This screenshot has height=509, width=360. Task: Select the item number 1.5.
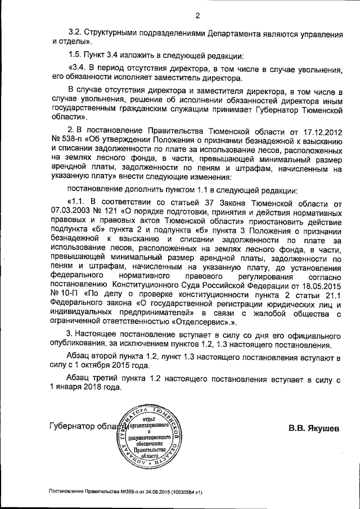[x=75, y=56]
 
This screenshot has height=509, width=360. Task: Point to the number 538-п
[x=69, y=141]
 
